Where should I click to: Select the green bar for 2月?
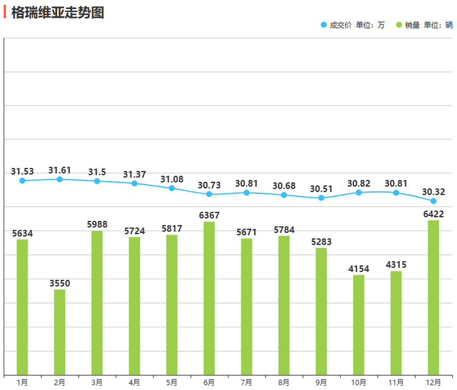pos(60,332)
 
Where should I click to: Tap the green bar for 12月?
pos(433,297)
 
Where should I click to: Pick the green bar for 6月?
pos(209,298)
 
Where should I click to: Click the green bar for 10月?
pos(359,324)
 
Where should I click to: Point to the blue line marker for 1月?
pos(23,181)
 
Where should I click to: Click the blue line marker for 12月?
pos(433,201)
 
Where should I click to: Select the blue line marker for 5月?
pos(172,188)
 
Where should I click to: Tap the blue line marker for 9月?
pos(321,198)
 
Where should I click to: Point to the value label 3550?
pos(60,283)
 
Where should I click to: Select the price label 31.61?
pos(60,170)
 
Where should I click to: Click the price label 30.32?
pos(433,192)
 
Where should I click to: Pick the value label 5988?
pos(97,225)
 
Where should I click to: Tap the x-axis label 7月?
pos(246,382)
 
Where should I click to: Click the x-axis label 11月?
pos(396,382)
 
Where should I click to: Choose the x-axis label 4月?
pos(135,382)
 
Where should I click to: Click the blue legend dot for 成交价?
pos(323,25)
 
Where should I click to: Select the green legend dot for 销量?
pos(399,25)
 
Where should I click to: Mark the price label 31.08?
pos(172,179)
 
